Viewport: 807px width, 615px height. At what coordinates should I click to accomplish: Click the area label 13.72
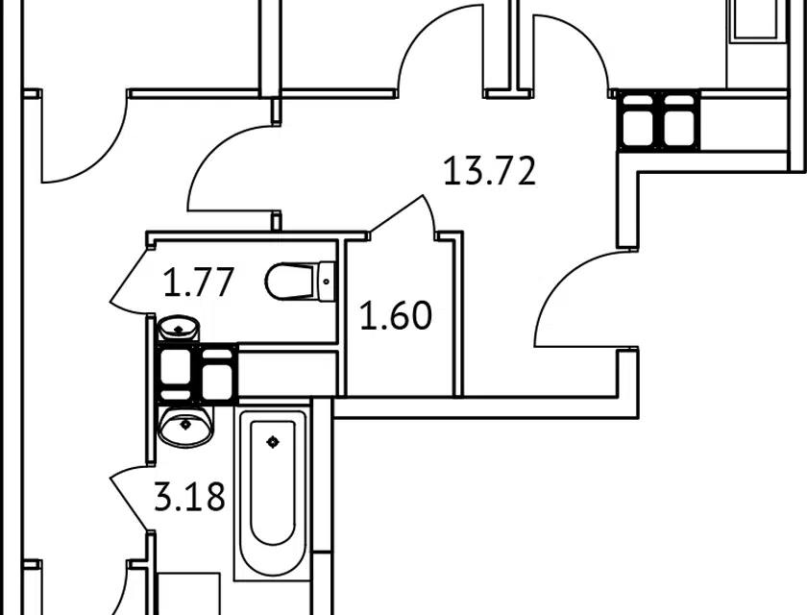tap(489, 171)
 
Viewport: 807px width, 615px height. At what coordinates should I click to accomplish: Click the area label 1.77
tap(199, 282)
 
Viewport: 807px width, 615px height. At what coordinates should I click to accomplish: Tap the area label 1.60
tap(396, 315)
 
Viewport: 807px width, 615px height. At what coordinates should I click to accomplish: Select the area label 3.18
tap(190, 496)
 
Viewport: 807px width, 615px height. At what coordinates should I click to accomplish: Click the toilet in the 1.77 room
tap(301, 282)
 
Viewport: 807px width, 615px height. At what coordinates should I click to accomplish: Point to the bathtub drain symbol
tap(273, 442)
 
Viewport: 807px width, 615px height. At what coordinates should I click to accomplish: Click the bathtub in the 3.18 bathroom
tap(273, 493)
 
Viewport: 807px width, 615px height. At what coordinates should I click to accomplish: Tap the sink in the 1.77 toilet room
tap(178, 329)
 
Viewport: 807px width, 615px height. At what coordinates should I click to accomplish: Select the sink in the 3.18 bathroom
tap(185, 425)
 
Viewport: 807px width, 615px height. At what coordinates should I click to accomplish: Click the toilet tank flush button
tap(327, 282)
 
